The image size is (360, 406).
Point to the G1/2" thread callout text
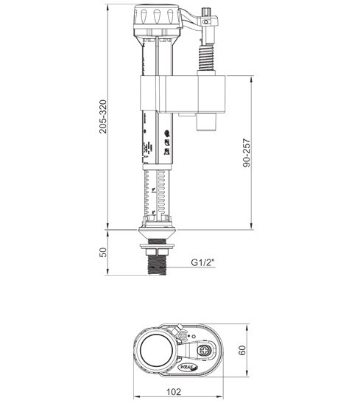(204, 262)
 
